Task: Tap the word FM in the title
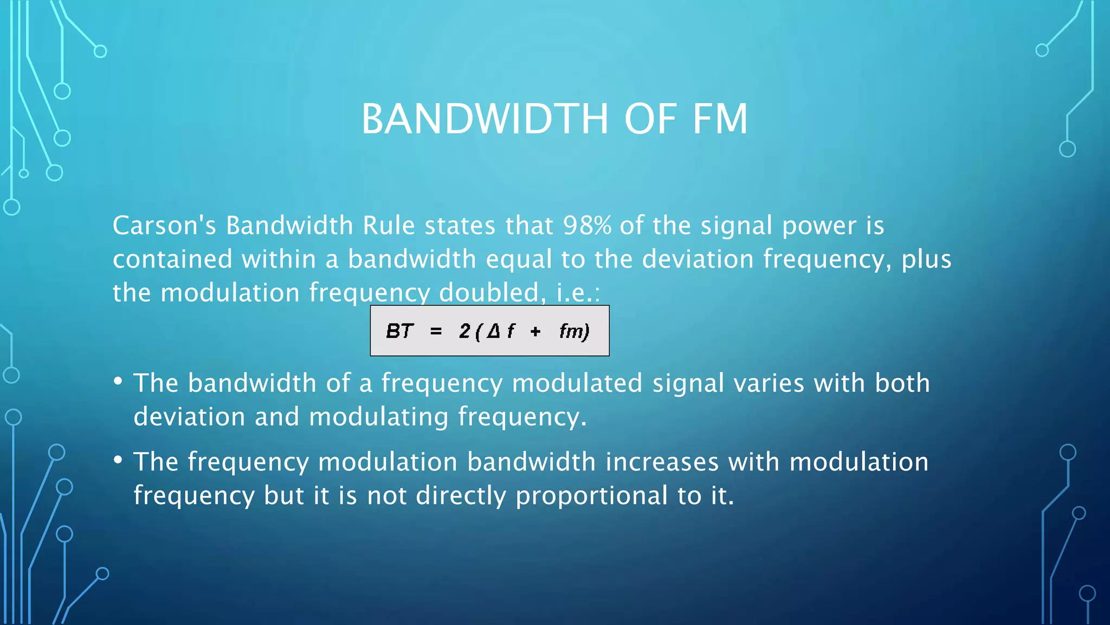tap(720, 119)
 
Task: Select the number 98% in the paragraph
tap(587, 225)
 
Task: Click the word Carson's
tap(164, 225)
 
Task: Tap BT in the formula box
tap(399, 331)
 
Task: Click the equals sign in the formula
tap(436, 331)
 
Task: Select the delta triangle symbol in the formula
tap(493, 330)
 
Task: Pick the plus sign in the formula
tap(535, 331)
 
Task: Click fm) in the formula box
tap(574, 331)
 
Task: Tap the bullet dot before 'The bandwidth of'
tap(118, 381)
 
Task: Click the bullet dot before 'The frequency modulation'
tap(118, 460)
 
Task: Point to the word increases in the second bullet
tap(662, 462)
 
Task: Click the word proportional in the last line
tap(591, 495)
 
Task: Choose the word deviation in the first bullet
tap(189, 417)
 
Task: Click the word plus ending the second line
tap(926, 259)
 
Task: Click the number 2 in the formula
tap(464, 330)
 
